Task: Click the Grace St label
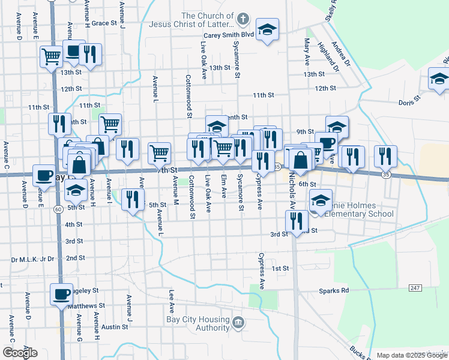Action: point(104,23)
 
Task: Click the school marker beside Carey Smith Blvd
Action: point(267,29)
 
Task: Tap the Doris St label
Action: point(410,103)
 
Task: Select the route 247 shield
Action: point(414,289)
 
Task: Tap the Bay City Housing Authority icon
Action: point(238,323)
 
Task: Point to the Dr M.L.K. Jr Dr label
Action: point(33,260)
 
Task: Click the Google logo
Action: point(20,353)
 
